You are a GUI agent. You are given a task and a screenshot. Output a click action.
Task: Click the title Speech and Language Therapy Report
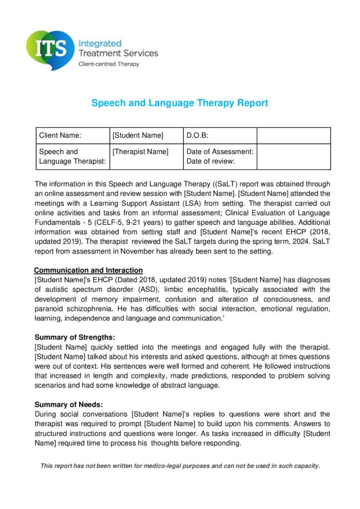coord(180,103)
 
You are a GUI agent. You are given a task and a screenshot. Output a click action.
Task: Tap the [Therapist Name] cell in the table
coord(141,152)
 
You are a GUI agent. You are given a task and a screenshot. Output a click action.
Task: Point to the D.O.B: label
coord(197,135)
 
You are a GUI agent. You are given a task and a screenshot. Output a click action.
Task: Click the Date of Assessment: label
coord(220,152)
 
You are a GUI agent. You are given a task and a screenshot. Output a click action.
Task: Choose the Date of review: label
coord(210,162)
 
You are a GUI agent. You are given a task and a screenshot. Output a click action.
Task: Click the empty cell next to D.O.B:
coord(293,135)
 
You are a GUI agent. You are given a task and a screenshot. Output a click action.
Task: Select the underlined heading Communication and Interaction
coord(89,270)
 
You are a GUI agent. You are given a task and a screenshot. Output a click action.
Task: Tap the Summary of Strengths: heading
coord(75,338)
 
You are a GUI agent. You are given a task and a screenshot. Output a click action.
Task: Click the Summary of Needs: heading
coord(69,405)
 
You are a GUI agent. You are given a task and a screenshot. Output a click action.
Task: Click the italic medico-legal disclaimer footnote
coord(180,466)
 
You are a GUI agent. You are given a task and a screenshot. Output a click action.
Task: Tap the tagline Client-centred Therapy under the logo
coord(109,64)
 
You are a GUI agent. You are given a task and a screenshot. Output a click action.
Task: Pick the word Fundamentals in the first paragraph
coord(58,222)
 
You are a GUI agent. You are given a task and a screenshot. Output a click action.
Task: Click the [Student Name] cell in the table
coord(138,135)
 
